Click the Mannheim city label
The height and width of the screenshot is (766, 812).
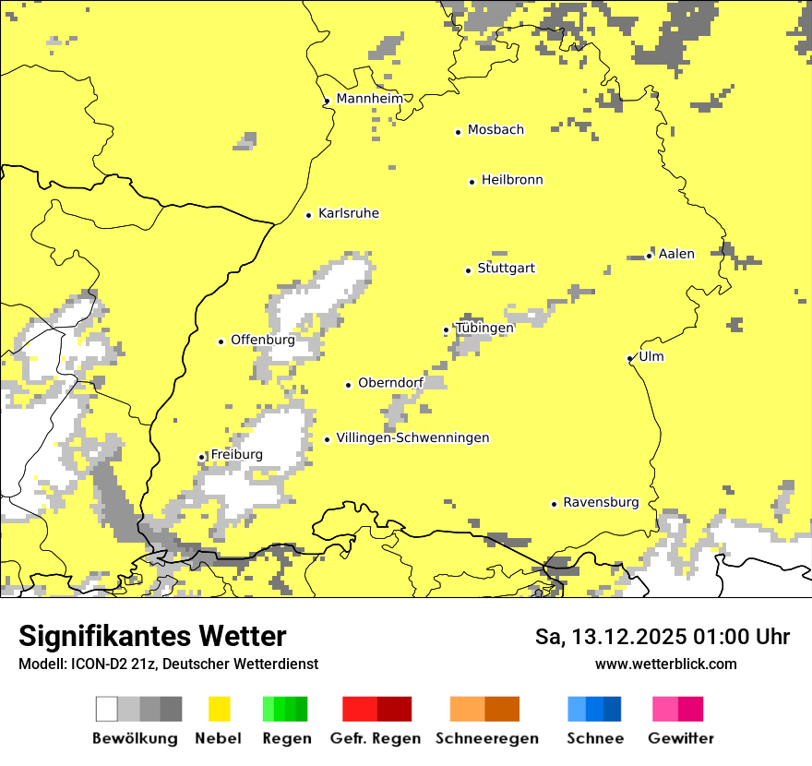(370, 99)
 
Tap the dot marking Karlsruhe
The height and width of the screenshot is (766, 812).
(309, 215)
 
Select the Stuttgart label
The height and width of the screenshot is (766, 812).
(506, 269)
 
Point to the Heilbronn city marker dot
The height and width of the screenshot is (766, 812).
(472, 182)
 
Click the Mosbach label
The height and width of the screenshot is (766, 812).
(496, 130)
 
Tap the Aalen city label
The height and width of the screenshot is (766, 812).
(676, 254)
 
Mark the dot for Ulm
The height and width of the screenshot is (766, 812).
(629, 358)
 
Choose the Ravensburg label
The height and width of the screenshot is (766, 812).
(601, 503)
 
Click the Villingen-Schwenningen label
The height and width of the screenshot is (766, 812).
(412, 438)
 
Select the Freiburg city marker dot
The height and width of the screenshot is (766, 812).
(201, 457)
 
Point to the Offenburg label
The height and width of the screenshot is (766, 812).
(262, 340)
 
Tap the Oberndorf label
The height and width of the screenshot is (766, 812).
(390, 383)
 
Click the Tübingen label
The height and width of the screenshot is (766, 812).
(484, 328)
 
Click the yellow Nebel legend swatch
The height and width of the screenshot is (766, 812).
(220, 709)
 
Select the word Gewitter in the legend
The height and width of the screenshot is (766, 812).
(681, 738)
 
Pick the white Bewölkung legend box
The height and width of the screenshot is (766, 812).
(107, 709)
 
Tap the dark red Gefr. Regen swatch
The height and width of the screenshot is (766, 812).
(394, 709)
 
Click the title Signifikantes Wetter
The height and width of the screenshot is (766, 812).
(152, 637)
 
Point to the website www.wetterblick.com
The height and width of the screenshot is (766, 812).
(666, 664)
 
